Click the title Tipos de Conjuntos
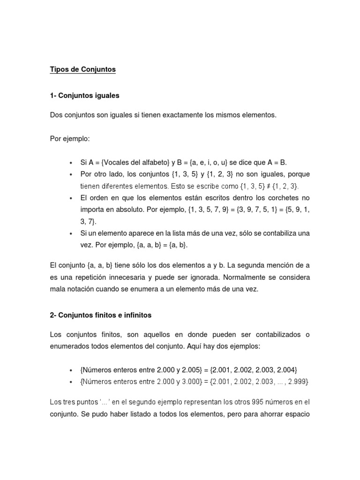pos(82,70)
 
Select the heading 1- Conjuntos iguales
pos(84,96)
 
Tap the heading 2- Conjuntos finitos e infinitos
pos(100,315)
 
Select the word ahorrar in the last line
pos(269,414)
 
